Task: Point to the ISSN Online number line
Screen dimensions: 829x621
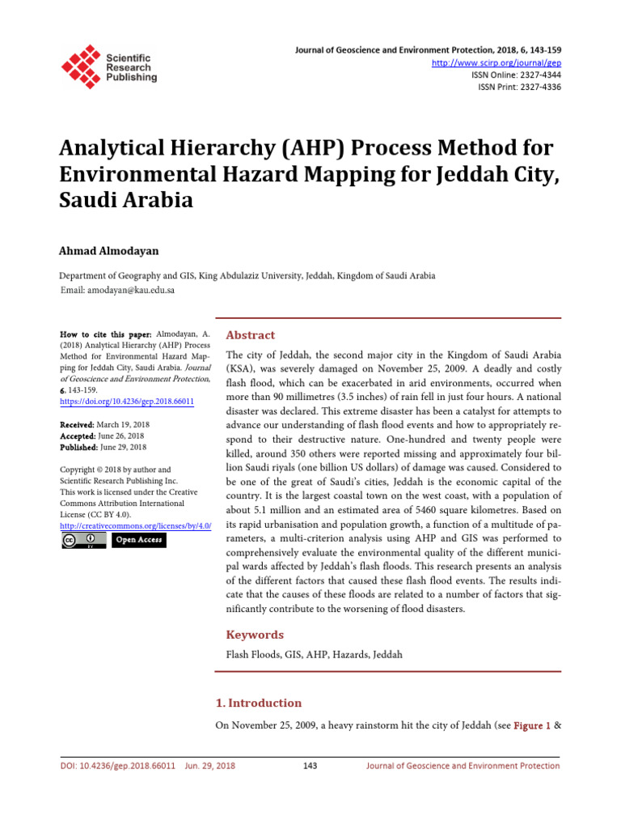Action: tap(516, 74)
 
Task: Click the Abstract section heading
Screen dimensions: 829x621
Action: tap(250, 335)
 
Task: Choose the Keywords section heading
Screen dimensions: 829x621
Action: tap(254, 635)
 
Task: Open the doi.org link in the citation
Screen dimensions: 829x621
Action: tap(127, 401)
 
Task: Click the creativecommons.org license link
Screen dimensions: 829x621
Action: tap(136, 525)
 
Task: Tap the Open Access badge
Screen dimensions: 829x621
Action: tap(138, 540)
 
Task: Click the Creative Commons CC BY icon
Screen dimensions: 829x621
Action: tap(83, 540)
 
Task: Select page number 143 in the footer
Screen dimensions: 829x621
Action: tap(310, 766)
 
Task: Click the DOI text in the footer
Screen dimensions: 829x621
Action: tap(118, 766)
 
